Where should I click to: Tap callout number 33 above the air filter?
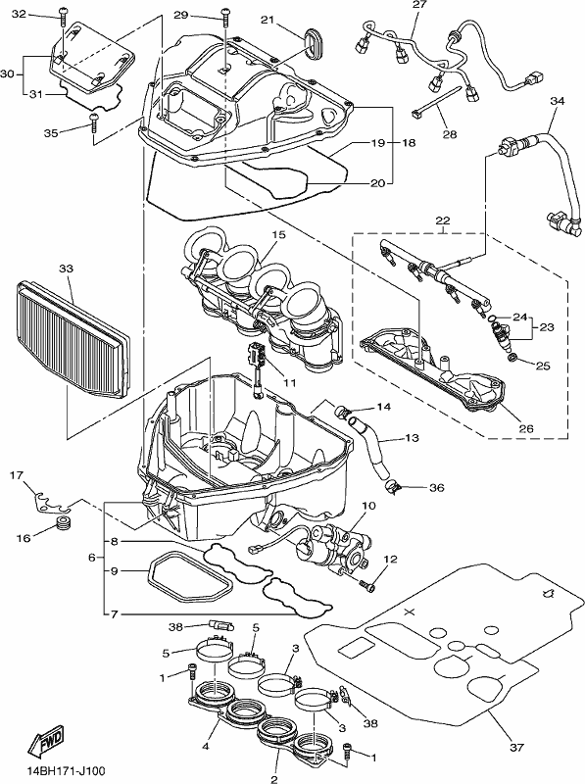click(x=66, y=269)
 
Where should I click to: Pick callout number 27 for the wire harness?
click(x=419, y=5)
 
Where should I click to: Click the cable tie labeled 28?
click(x=434, y=102)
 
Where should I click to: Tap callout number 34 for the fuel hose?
click(x=557, y=101)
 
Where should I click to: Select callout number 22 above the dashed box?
click(x=443, y=220)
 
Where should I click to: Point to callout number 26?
click(x=526, y=428)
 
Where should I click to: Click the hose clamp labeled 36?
click(x=393, y=486)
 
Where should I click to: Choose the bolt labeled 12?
click(x=367, y=586)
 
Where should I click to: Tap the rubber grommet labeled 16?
click(x=63, y=524)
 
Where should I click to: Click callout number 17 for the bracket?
click(x=17, y=475)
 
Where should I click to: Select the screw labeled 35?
click(x=94, y=123)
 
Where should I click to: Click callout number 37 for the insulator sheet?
click(x=516, y=748)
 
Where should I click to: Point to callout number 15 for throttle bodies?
click(x=278, y=234)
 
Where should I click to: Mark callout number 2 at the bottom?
click(x=274, y=779)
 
